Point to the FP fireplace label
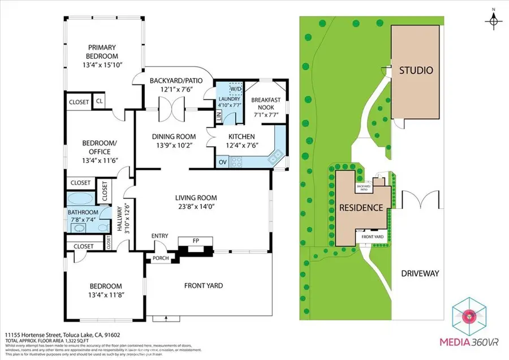[x=196, y=241]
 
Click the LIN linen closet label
[x=218, y=117]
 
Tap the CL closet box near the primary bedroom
[x=98, y=101]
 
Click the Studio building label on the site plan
[x=416, y=71]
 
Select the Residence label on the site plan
[x=361, y=208]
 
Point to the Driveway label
[x=420, y=273]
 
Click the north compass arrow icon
[x=494, y=19]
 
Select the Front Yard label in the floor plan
[x=203, y=285]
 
